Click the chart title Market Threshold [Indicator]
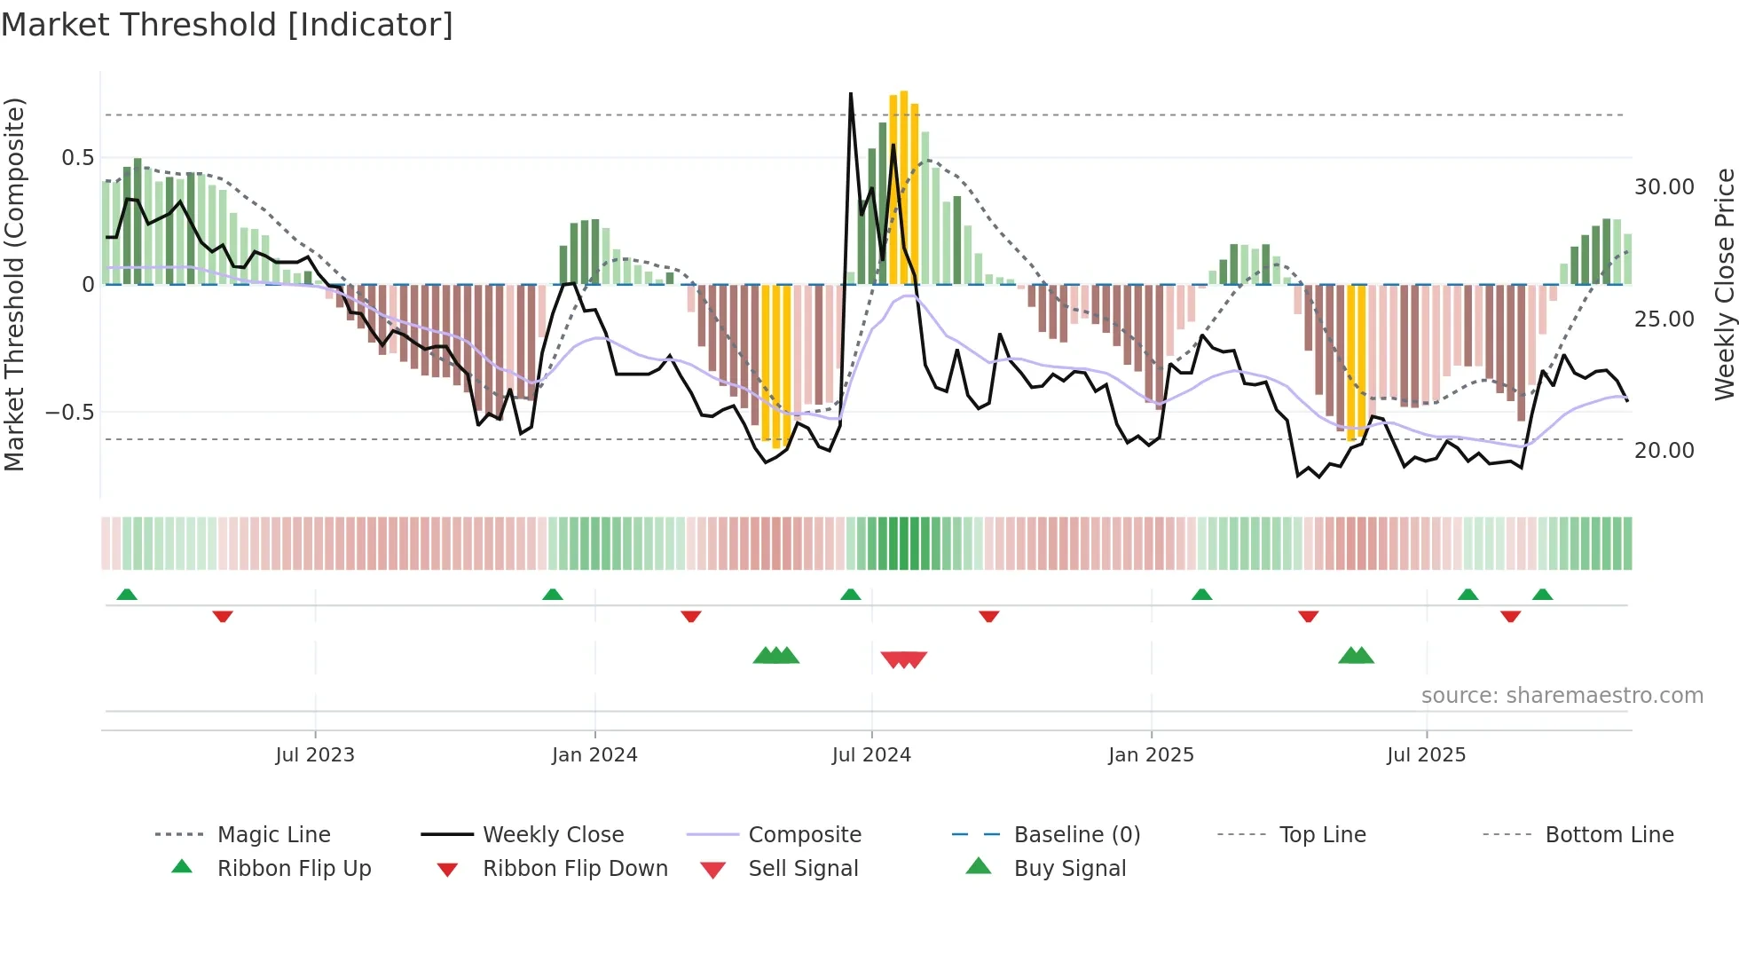click(x=227, y=25)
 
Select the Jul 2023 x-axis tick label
click(x=315, y=755)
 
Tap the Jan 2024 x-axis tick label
click(x=594, y=755)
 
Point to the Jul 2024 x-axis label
click(x=871, y=755)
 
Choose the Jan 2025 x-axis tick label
click(x=1151, y=755)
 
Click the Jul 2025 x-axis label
click(x=1426, y=755)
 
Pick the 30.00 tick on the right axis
click(x=1664, y=187)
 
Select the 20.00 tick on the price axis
click(x=1664, y=451)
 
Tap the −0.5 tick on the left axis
click(x=70, y=413)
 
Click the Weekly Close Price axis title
click(x=1724, y=284)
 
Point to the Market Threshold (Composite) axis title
click(x=14, y=284)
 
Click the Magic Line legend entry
click(x=273, y=835)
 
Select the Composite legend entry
click(x=804, y=835)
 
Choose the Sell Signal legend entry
click(x=802, y=869)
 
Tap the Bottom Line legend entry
click(x=1609, y=835)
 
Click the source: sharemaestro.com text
click(x=1562, y=696)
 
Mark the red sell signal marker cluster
click(x=903, y=659)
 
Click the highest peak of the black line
click(x=851, y=93)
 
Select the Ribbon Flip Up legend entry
click(x=294, y=869)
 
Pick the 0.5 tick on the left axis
click(x=77, y=158)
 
